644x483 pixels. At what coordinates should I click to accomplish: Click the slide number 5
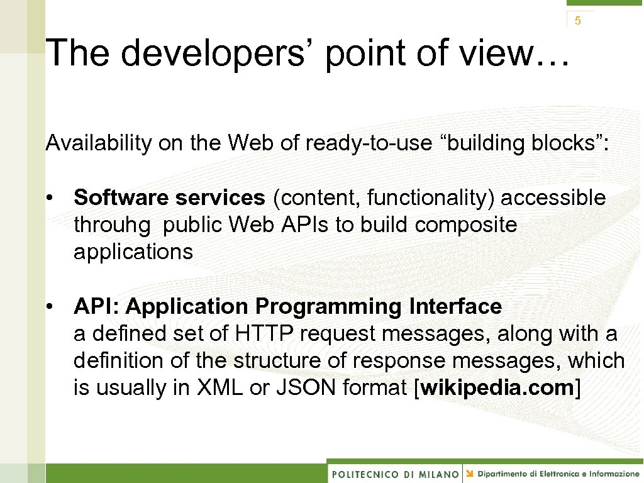[x=577, y=21]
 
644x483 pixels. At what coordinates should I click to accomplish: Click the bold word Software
[x=122, y=198]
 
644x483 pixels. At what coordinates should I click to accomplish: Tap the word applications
[x=133, y=252]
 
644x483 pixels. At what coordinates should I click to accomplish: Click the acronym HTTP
[x=258, y=334]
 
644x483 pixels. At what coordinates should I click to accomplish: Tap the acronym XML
[x=219, y=388]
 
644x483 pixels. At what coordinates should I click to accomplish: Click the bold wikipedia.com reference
[x=496, y=388]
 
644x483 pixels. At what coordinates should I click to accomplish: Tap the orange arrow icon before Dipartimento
[x=470, y=473]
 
